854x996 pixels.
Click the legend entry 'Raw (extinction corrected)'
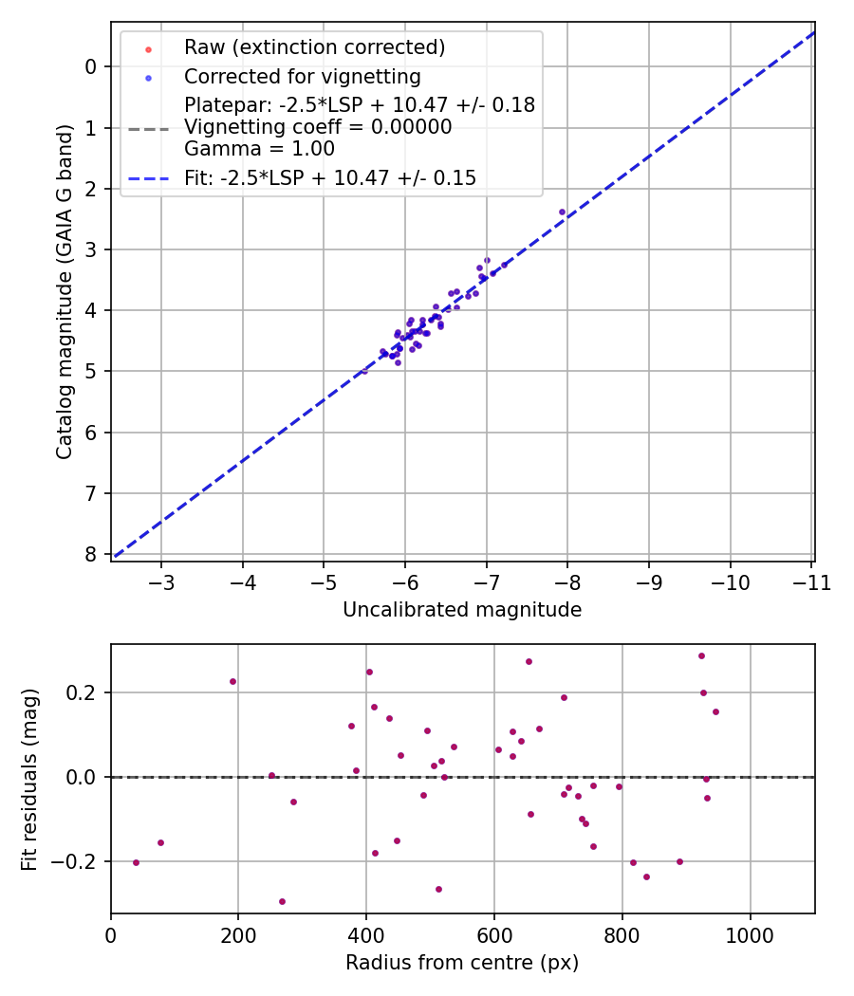314,47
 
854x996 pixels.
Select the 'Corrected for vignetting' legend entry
302,76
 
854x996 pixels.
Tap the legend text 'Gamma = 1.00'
259,149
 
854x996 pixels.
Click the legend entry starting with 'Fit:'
329,177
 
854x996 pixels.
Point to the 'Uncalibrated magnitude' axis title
462,610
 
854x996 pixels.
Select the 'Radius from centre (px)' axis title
462,963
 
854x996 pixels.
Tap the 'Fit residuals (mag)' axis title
30,778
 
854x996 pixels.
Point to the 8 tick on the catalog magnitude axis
91,554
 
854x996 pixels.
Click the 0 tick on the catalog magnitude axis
91,66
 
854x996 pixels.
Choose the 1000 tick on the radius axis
751,934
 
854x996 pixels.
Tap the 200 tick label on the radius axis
238,934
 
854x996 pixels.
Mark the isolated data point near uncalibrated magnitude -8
562,212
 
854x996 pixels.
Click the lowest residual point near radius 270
282,901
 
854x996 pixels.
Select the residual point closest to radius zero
136,862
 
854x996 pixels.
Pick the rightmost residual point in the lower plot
715,711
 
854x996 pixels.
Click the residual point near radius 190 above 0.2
232,681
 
